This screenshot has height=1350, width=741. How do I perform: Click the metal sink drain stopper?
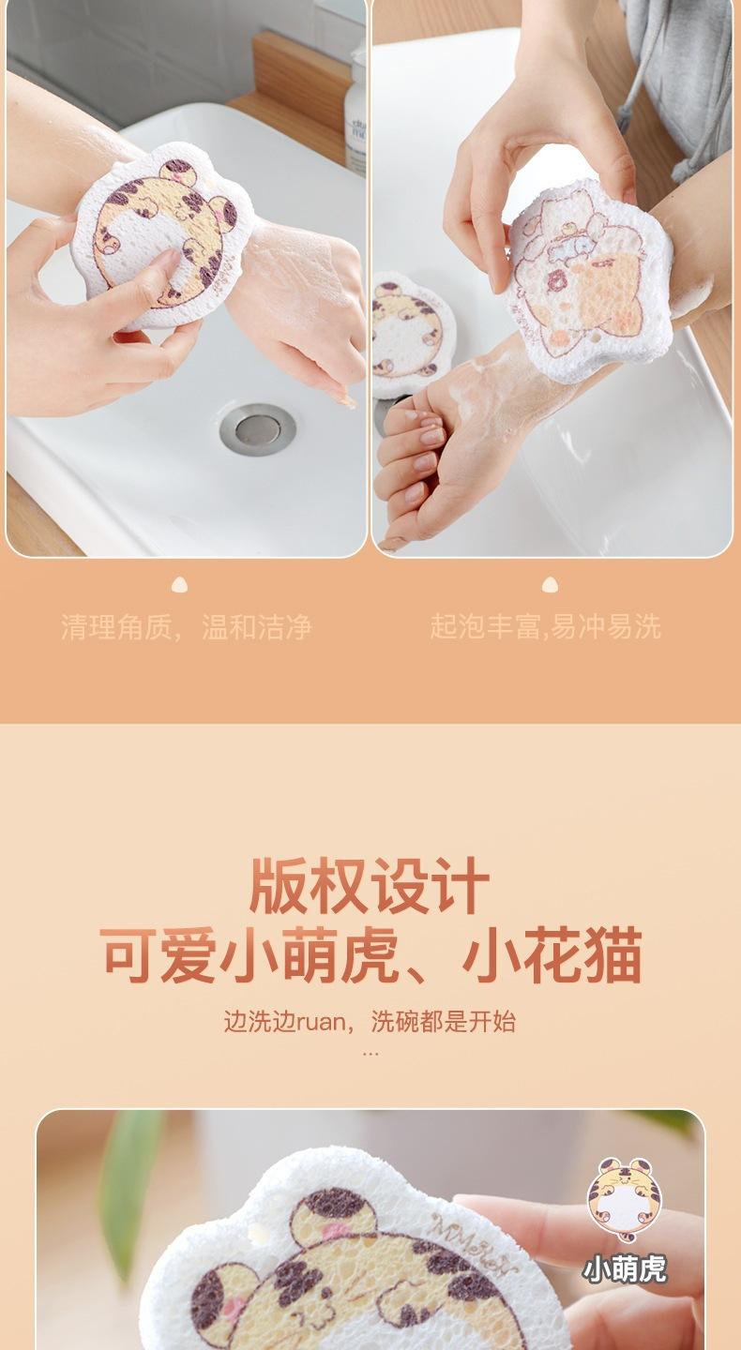click(x=257, y=428)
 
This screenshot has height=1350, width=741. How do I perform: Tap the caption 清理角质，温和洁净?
click(x=187, y=627)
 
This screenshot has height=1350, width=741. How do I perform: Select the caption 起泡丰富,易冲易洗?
click(x=545, y=627)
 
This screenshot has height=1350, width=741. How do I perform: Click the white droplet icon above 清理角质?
click(x=179, y=585)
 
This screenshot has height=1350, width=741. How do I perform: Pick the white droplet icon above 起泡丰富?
click(x=550, y=585)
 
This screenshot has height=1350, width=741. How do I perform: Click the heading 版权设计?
click(x=370, y=886)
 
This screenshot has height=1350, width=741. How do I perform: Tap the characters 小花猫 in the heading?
click(x=552, y=956)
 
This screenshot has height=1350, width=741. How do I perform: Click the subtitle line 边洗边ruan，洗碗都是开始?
click(x=370, y=1022)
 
